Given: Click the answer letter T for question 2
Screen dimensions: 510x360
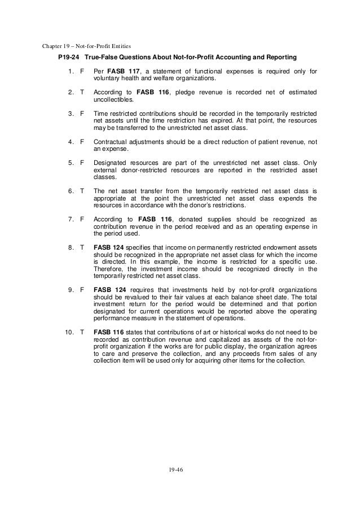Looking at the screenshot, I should coord(82,92).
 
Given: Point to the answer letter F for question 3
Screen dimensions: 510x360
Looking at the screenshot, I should coord(82,114).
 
